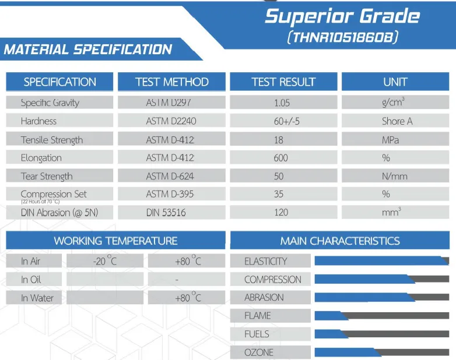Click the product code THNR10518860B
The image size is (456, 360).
342,37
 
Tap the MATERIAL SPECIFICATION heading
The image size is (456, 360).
88,50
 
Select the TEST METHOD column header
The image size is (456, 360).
172,82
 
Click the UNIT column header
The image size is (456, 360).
395,82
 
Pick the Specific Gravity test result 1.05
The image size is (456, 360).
282,103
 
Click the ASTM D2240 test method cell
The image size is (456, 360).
171,121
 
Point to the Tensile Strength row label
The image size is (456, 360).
52,140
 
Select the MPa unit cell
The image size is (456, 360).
390,140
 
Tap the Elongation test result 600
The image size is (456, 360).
280,158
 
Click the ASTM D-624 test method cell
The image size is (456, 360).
170,176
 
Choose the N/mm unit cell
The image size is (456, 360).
395,176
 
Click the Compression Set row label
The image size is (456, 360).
54,194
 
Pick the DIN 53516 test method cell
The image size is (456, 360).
166,213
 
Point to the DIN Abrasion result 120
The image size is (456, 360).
281,213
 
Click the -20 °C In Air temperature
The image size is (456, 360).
105,260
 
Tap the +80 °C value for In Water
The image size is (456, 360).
188,297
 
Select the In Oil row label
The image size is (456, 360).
31,280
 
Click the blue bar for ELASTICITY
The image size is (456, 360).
381,260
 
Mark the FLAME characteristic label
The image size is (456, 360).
257,316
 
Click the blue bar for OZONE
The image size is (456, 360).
348,352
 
